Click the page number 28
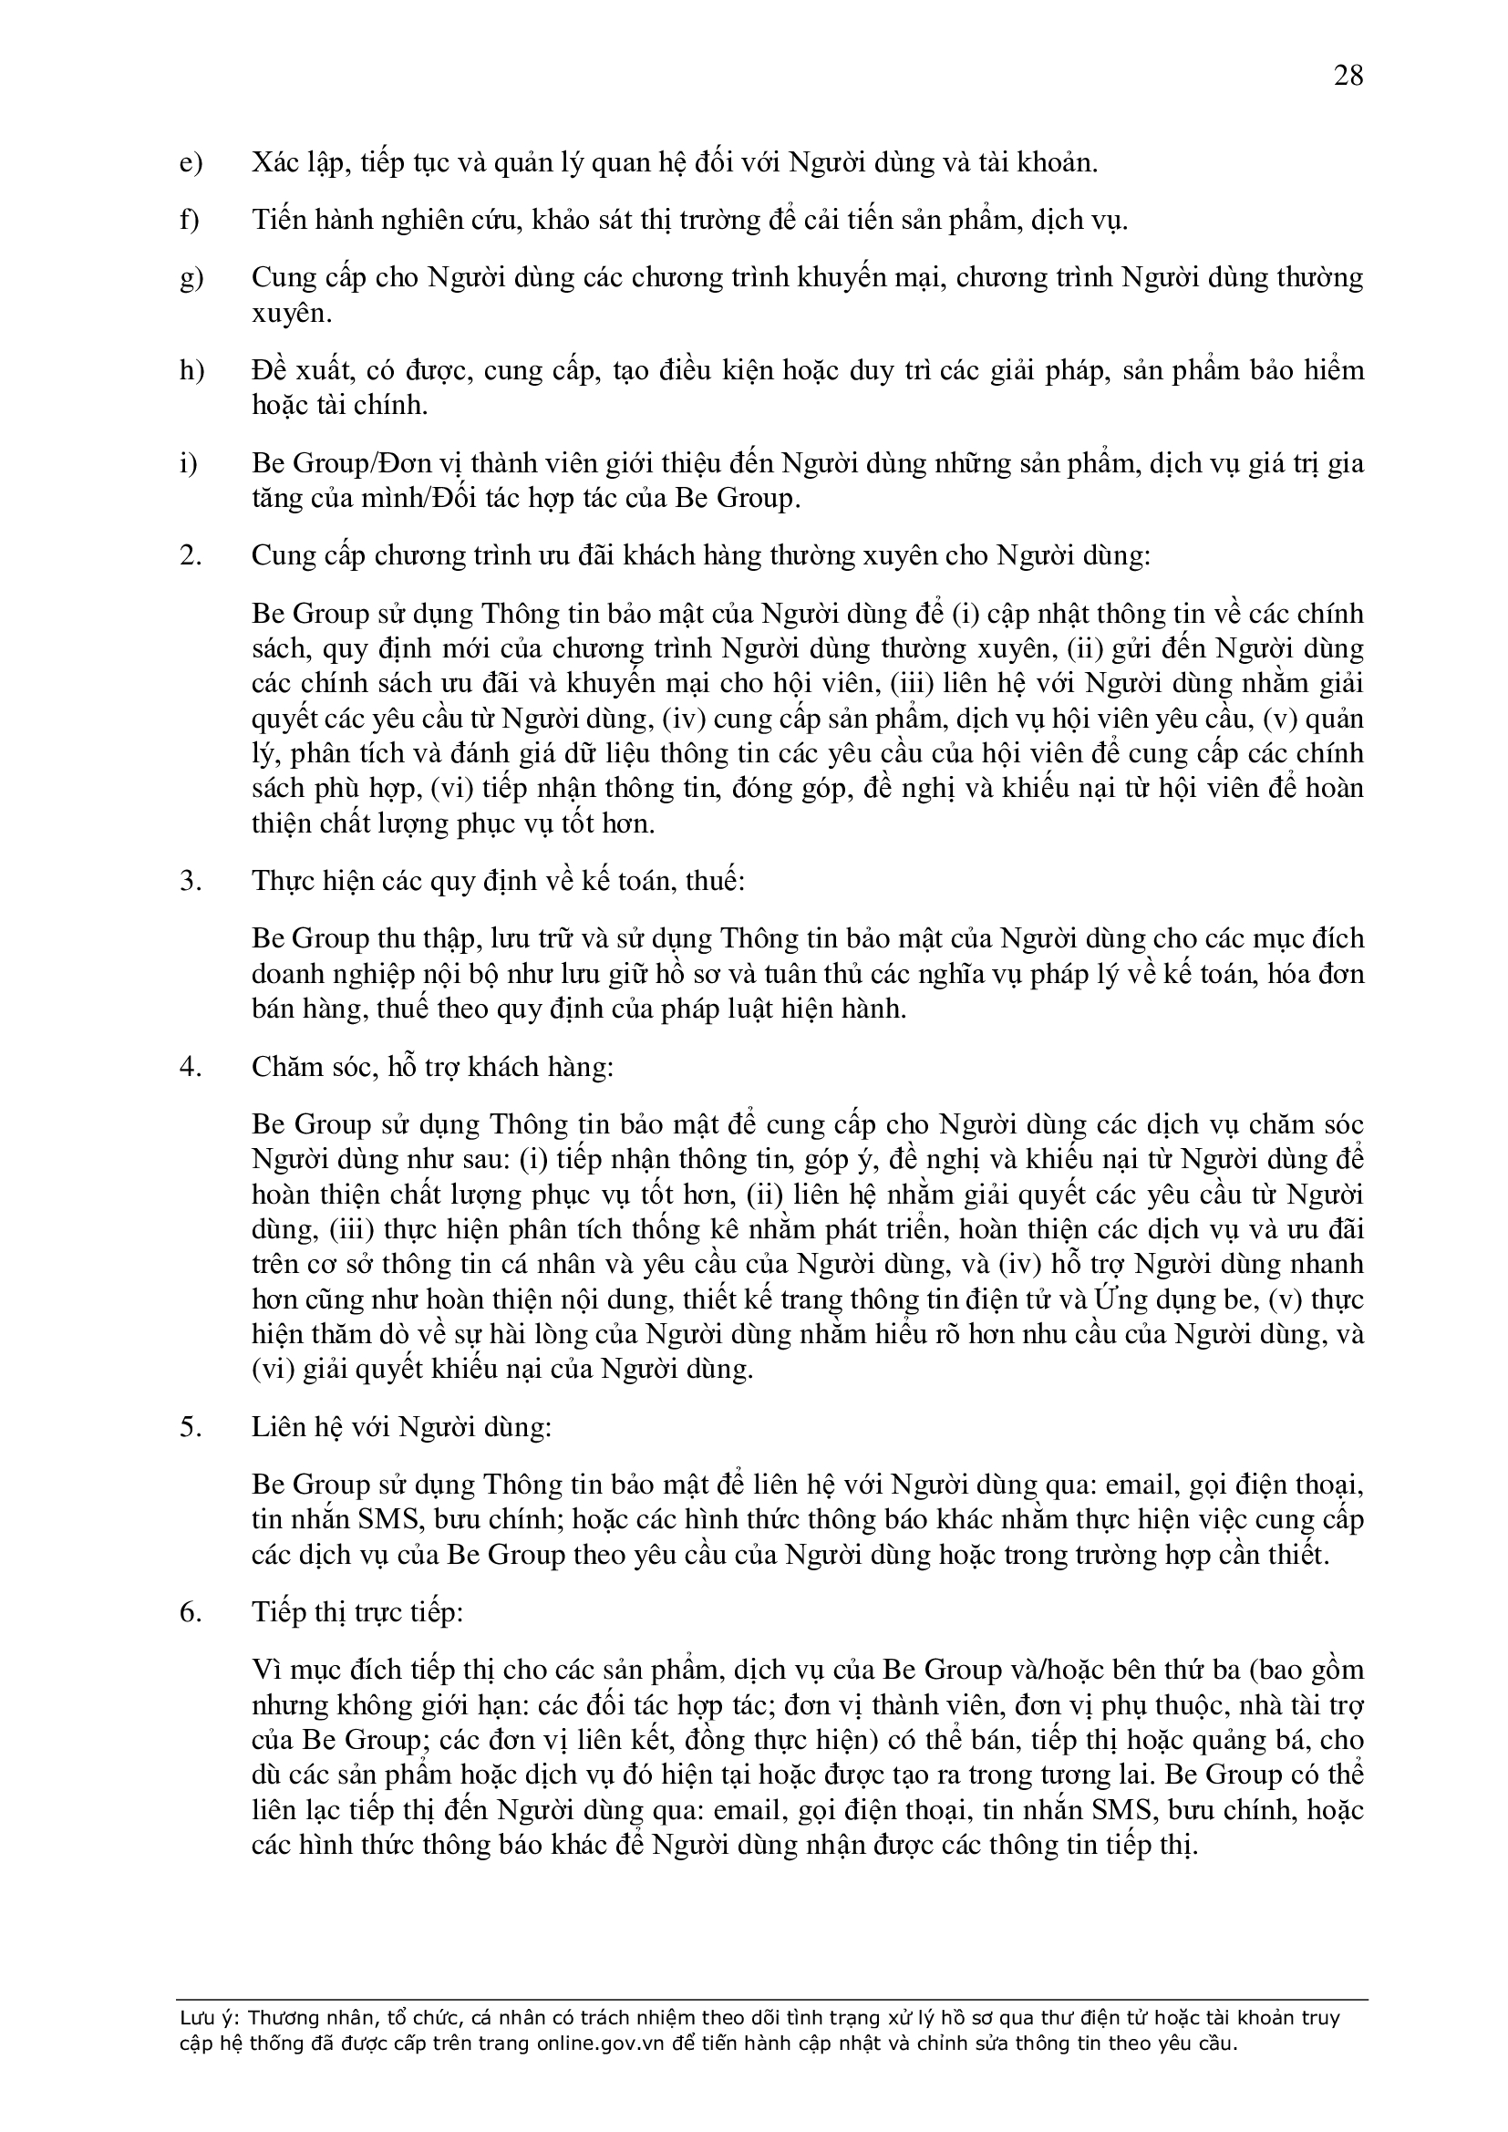(1348, 75)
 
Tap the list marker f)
(190, 220)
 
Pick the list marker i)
(189, 463)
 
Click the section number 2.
(190, 556)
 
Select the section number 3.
(190, 880)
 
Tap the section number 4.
(190, 1067)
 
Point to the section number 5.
(190, 1426)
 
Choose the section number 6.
(190, 1613)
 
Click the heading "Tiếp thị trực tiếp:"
(357, 1613)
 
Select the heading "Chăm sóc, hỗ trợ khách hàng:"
(433, 1067)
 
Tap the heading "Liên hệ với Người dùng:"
(401, 1426)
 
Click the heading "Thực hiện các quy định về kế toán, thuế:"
(499, 880)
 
